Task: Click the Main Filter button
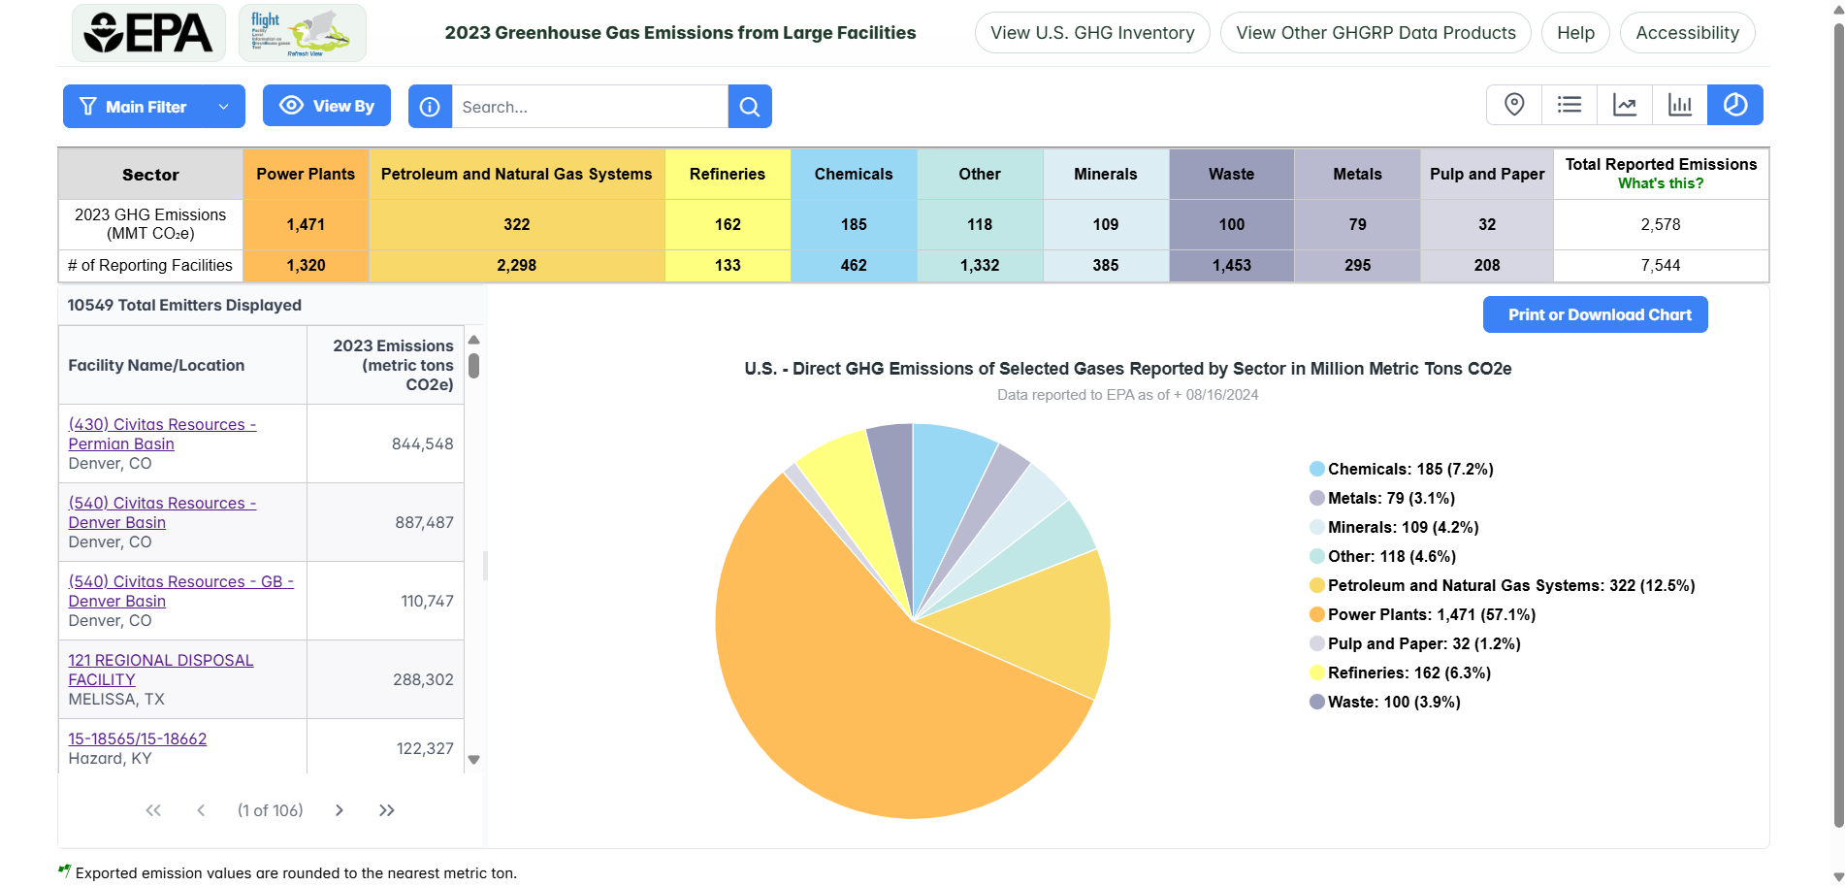(x=153, y=107)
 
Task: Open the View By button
(x=327, y=106)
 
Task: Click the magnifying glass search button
(x=750, y=107)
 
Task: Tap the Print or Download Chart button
(x=1595, y=314)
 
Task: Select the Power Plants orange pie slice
(x=873, y=699)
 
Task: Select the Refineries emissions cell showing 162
(x=728, y=224)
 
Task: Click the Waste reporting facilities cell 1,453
(x=1231, y=265)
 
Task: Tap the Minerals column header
(x=1105, y=174)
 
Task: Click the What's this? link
(x=1660, y=183)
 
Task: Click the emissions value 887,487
(x=424, y=522)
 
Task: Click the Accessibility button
(x=1687, y=33)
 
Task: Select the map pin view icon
(x=1513, y=105)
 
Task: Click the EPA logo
(x=148, y=33)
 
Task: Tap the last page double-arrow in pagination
(x=386, y=810)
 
